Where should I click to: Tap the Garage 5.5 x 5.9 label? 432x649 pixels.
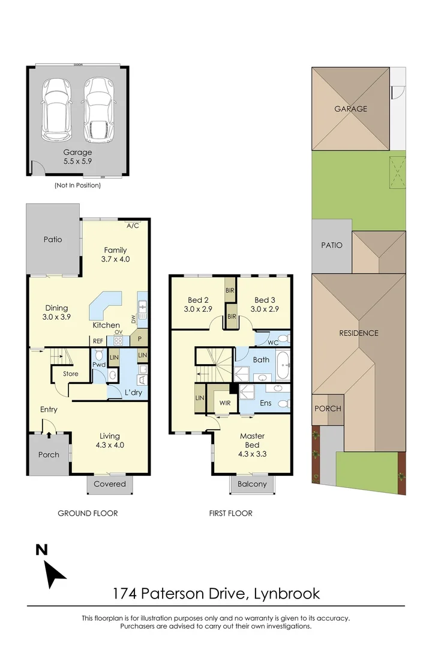tap(78, 157)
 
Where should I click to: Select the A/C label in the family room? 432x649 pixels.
tap(132, 226)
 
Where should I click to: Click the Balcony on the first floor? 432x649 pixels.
tap(252, 484)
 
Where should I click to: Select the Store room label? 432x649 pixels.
tap(71, 374)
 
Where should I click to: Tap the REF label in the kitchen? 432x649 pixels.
tap(98, 341)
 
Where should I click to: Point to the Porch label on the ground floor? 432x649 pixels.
tap(49, 454)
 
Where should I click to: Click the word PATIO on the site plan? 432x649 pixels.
tap(331, 245)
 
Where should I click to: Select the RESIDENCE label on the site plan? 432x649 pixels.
tap(358, 333)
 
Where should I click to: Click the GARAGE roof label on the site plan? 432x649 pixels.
tap(350, 109)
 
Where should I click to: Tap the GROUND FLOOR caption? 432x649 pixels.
tap(88, 513)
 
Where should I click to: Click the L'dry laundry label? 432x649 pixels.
tap(133, 394)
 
